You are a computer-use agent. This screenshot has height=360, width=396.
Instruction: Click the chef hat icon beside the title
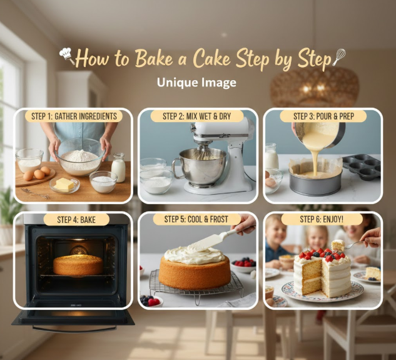pyautogui.click(x=67, y=55)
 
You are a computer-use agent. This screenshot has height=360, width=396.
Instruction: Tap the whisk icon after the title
pyautogui.click(x=339, y=57)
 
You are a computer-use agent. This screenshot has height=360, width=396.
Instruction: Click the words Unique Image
pyautogui.click(x=196, y=83)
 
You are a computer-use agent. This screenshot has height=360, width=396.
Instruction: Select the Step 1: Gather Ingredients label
pyautogui.click(x=74, y=116)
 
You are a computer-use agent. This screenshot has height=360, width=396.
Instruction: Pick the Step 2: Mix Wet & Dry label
pyautogui.click(x=197, y=116)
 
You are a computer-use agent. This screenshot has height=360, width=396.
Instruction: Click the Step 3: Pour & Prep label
pyautogui.click(x=323, y=116)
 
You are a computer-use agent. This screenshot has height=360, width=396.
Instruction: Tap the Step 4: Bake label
pyautogui.click(x=76, y=219)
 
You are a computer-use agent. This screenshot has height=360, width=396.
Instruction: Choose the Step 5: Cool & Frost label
pyautogui.click(x=196, y=219)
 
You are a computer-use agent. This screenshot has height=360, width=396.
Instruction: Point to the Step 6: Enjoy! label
pyautogui.click(x=322, y=219)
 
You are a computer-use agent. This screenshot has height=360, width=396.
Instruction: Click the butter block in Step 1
pyautogui.click(x=64, y=183)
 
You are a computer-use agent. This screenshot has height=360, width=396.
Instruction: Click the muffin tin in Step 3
pyautogui.click(x=362, y=167)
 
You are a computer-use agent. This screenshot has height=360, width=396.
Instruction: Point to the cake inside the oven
pyautogui.click(x=78, y=265)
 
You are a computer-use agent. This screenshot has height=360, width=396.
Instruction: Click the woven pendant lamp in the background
pyautogui.click(x=315, y=87)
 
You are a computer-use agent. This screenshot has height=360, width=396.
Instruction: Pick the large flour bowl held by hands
pyautogui.click(x=80, y=157)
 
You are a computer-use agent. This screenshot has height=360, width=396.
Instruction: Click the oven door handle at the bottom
pyautogui.click(x=74, y=329)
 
